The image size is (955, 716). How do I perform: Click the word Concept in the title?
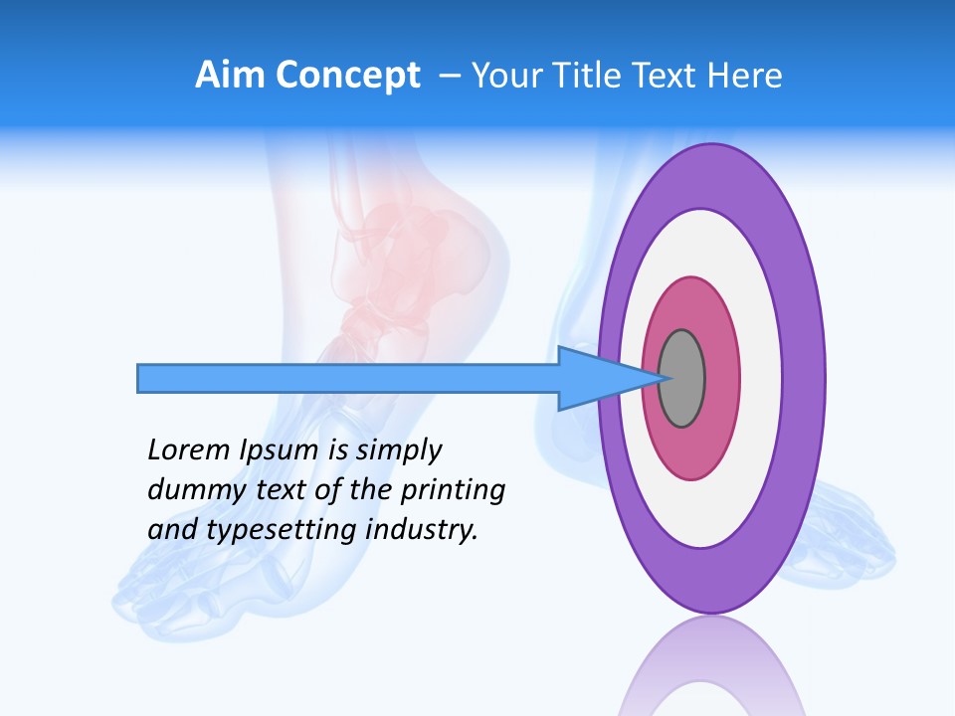click(347, 76)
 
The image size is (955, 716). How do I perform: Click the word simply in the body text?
click(397, 451)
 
